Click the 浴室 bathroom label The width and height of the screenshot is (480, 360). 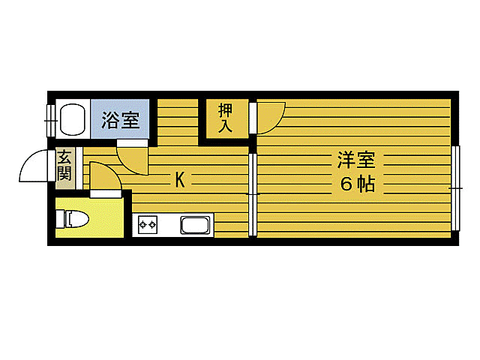pos(121,120)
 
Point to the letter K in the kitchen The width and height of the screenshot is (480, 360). pos(180,179)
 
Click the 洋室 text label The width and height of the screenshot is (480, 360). pos(355,160)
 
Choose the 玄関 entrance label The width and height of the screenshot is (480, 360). pos(64,166)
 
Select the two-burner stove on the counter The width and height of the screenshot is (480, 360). pos(148,225)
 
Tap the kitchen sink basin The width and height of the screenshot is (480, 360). pos(196,225)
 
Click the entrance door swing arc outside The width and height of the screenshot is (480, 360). pos(36,166)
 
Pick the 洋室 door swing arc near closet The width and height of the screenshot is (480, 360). pos(268,115)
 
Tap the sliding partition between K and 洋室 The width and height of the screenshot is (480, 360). pos(253,193)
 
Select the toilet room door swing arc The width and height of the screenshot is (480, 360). pos(103,177)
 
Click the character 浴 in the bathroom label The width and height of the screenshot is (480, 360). pos(111,120)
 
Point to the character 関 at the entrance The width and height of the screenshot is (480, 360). pos(64,174)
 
